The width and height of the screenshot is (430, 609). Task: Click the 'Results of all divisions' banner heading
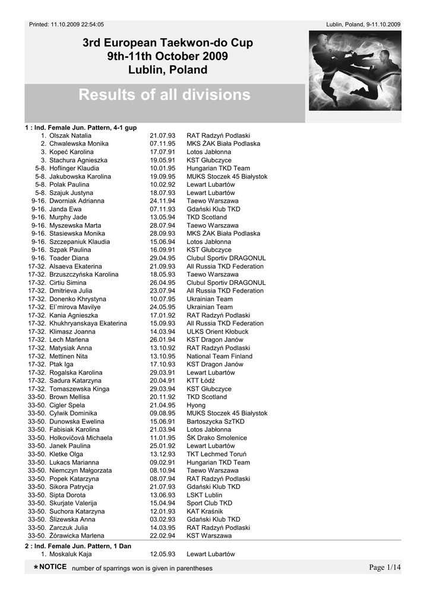pos(165,95)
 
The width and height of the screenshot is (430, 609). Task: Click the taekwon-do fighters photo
pos(355,70)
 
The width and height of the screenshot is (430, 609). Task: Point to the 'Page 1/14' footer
pos(385,567)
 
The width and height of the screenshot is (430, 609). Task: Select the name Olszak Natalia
pos(70,136)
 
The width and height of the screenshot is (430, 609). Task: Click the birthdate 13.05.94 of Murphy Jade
pos(162,218)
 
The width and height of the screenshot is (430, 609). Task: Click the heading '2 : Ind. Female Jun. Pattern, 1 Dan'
pos(78,545)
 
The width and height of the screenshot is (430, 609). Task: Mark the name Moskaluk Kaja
pos(70,554)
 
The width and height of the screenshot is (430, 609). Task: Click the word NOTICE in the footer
pos(52,567)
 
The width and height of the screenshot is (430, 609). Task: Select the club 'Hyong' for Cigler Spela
pos(196,405)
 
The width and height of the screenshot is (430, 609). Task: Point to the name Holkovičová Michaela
pos(81,438)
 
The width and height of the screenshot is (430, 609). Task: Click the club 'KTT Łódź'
pos(201,381)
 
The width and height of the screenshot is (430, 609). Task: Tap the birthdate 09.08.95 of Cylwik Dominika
pos(162,413)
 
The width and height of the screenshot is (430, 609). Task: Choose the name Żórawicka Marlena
pos(77,536)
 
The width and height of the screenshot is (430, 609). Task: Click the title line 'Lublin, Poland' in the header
pos(167,70)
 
